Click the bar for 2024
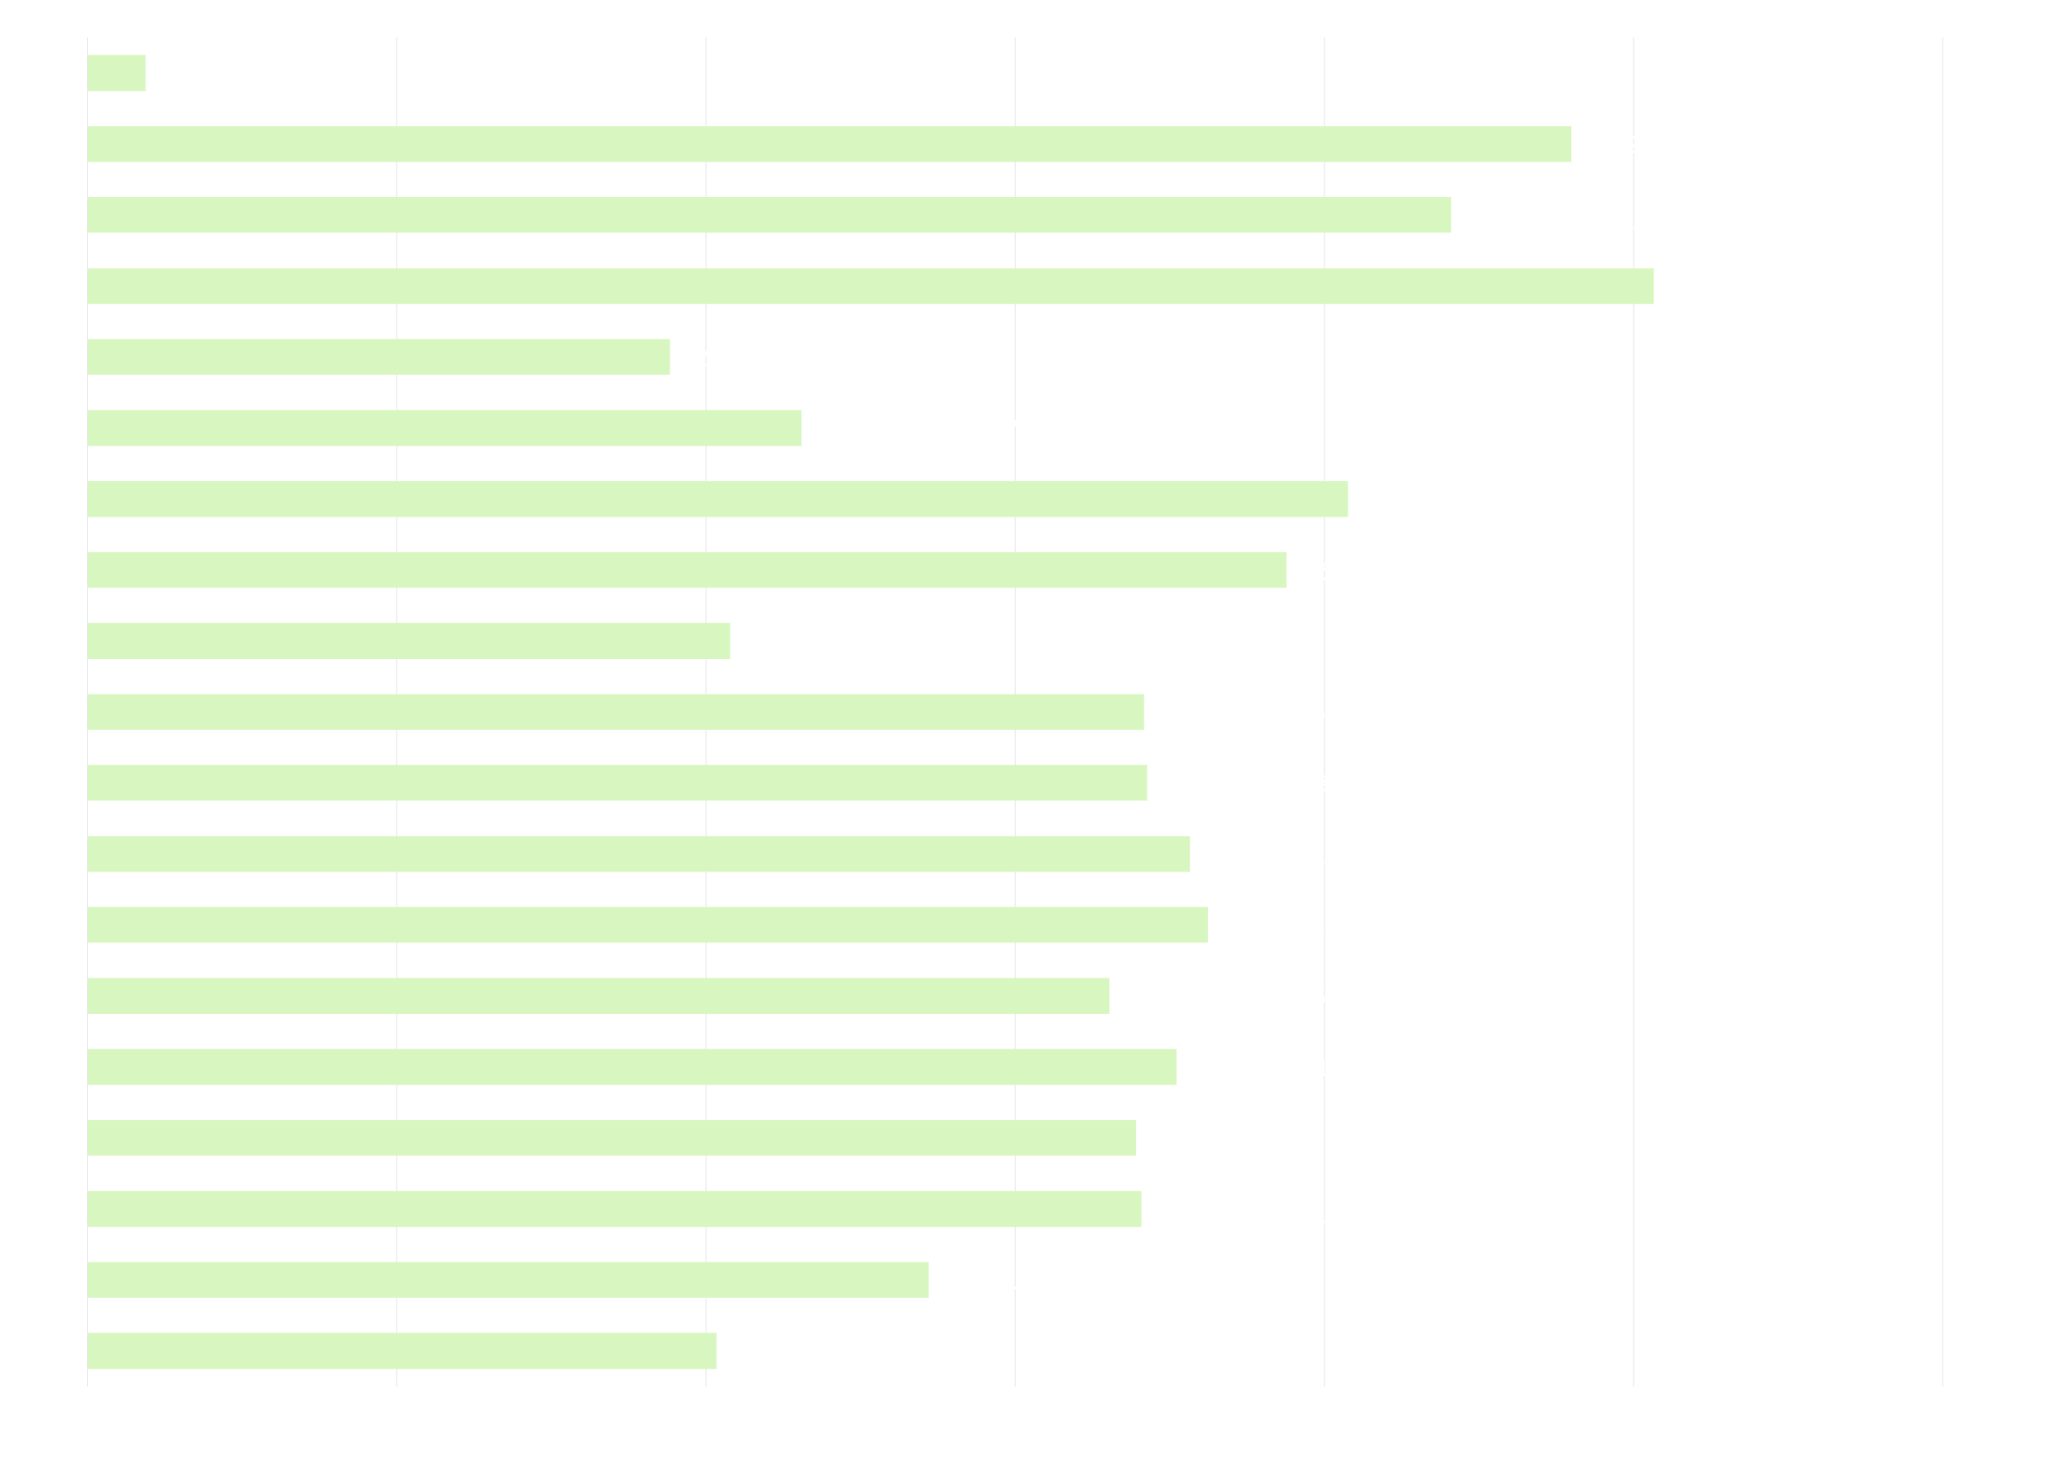(117, 74)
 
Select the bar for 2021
(870, 286)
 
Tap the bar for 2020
(379, 357)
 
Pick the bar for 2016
(408, 641)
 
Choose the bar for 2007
(508, 1280)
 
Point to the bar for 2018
(717, 499)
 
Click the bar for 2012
(647, 925)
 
